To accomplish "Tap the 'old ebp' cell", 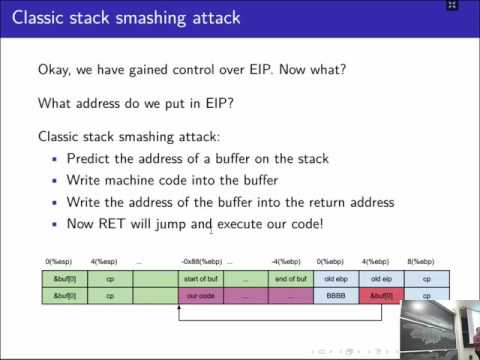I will pos(336,277).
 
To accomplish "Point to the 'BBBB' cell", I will pos(336,296).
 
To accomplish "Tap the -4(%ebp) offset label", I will pos(287,261).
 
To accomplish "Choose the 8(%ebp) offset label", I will pos(424,261).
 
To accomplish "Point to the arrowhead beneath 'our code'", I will pos(179,307).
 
